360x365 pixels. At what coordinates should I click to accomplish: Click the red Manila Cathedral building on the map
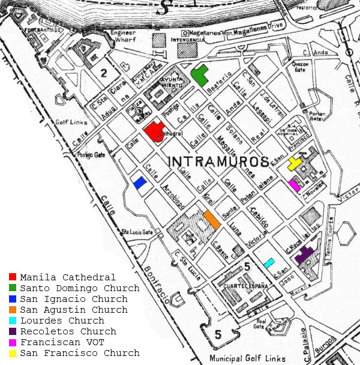(x=154, y=131)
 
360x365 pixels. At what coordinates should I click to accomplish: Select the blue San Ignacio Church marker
(x=140, y=183)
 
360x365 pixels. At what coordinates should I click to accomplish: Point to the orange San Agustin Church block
(x=211, y=219)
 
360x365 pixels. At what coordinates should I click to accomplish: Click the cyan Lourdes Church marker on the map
(x=269, y=262)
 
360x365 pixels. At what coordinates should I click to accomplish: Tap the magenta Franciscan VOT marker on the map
(x=295, y=185)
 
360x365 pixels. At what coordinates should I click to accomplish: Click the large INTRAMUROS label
(x=218, y=161)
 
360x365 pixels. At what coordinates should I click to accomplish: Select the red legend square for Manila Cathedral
(x=13, y=277)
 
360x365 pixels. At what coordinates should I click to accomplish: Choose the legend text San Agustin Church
(x=73, y=310)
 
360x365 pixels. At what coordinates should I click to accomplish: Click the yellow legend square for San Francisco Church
(x=13, y=353)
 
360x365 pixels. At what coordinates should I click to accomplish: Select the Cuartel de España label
(x=244, y=286)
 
